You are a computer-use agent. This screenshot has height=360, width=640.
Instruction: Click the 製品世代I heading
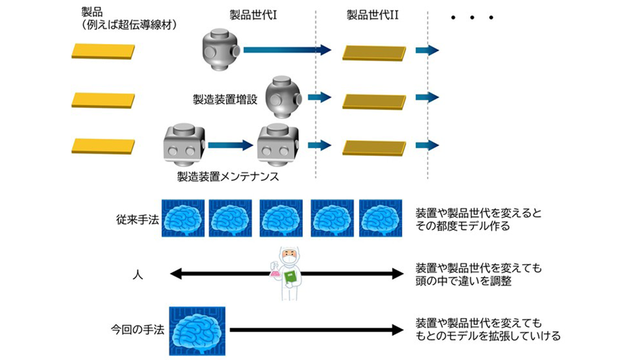click(253, 15)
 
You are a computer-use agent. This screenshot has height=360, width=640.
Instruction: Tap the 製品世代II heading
click(373, 15)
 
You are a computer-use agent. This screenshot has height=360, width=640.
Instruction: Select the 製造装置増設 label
click(225, 99)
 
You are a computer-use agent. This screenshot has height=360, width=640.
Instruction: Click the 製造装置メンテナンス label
click(228, 176)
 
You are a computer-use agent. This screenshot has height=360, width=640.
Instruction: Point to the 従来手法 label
click(138, 220)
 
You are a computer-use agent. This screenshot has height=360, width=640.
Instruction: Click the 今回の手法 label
click(138, 329)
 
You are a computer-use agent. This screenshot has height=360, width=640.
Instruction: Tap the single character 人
click(138, 274)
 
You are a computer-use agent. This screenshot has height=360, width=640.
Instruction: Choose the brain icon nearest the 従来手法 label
click(183, 218)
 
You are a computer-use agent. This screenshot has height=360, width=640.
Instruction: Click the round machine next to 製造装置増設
click(283, 97)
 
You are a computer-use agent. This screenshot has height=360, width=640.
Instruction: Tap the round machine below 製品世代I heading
click(221, 50)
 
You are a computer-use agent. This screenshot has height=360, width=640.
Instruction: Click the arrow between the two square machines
click(231, 145)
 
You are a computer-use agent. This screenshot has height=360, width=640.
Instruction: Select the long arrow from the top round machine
click(287, 50)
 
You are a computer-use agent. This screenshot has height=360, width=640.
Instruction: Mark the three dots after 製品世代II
click(472, 18)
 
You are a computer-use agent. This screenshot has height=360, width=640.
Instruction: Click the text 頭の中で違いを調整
click(463, 281)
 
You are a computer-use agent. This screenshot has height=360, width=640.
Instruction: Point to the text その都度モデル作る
click(462, 226)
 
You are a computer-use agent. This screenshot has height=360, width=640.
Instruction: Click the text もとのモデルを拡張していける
click(488, 336)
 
